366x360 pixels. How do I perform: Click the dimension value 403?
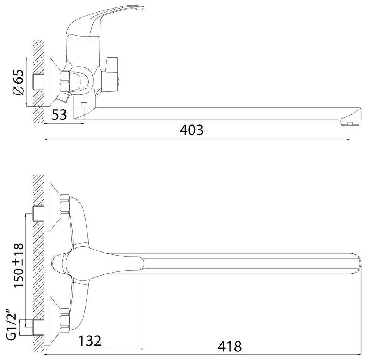click(x=192, y=130)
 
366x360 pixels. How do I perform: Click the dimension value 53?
click(x=59, y=114)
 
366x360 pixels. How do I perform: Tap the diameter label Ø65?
click(x=18, y=82)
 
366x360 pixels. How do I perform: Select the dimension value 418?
click(x=230, y=346)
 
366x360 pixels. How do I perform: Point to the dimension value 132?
click(x=90, y=340)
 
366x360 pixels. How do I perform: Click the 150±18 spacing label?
click(x=19, y=265)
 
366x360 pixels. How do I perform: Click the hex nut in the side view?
click(x=65, y=81)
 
